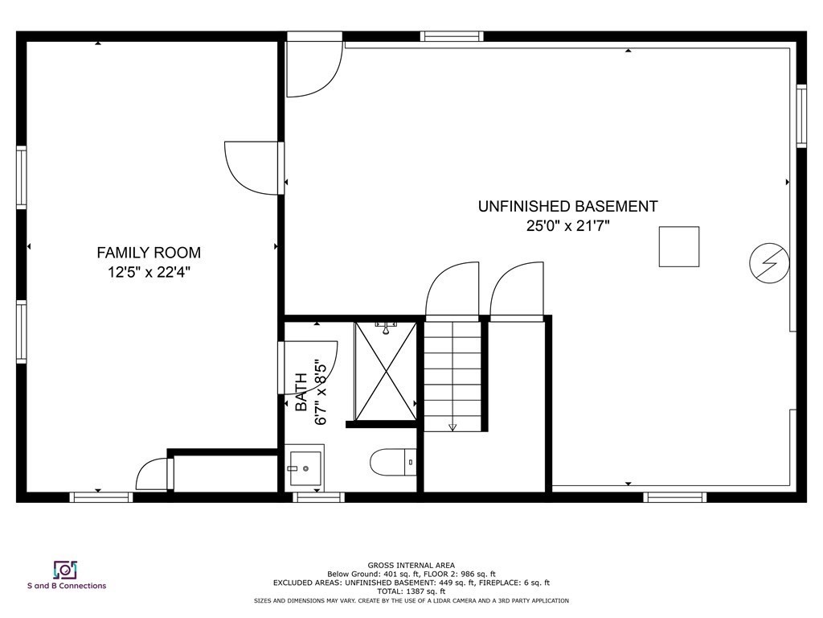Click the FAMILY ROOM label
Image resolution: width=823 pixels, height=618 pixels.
tap(149, 253)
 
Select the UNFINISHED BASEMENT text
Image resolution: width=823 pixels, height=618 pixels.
tap(567, 207)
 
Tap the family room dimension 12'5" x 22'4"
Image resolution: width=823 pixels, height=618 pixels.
tap(149, 273)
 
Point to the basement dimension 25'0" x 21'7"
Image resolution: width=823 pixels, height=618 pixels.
tap(567, 226)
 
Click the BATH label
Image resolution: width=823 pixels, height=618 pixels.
tap(301, 393)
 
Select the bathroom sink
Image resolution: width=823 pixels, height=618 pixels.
tap(305, 468)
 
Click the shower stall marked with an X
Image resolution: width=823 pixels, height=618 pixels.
tap(386, 371)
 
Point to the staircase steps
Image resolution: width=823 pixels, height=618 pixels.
tap(452, 374)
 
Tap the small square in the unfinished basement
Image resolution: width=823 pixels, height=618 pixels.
tap(679, 246)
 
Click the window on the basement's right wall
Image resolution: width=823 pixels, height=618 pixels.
tap(800, 116)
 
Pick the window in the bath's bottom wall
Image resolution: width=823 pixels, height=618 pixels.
tap(318, 497)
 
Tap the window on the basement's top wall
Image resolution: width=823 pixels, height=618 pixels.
tap(452, 36)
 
